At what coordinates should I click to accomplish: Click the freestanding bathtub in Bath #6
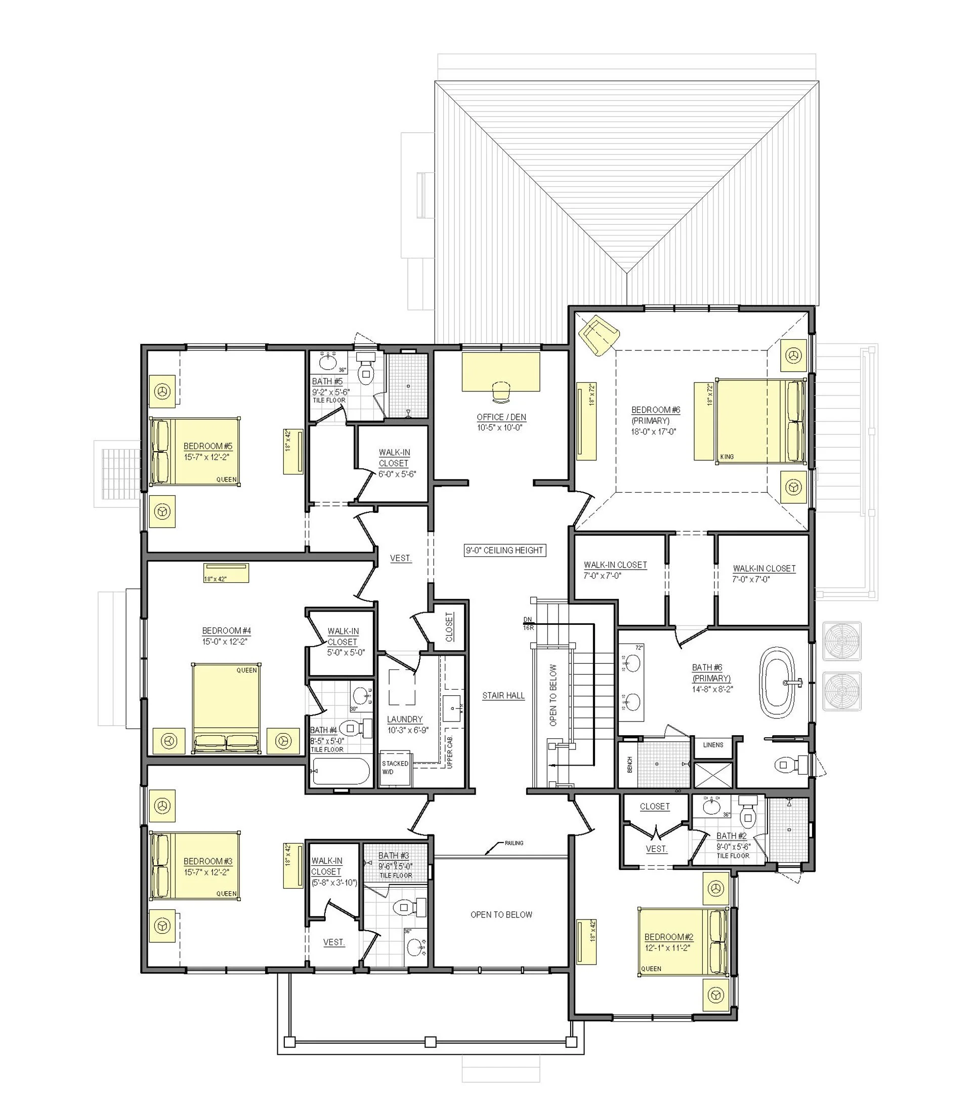tap(777, 682)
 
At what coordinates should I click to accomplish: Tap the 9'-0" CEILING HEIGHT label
tap(504, 550)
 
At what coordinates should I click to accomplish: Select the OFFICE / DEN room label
tap(501, 417)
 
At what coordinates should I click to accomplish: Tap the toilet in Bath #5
tap(365, 369)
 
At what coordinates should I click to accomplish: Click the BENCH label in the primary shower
tap(629, 764)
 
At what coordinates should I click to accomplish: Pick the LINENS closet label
tap(713, 744)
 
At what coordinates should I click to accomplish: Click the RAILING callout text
tap(514, 843)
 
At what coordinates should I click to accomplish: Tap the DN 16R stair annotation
tap(528, 623)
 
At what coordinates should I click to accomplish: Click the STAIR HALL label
tap(503, 695)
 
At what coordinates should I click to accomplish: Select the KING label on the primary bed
tap(727, 457)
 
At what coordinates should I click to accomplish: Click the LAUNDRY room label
tap(405, 720)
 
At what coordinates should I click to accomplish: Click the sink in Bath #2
tap(711, 807)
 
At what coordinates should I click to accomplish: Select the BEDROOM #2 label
tap(668, 937)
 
